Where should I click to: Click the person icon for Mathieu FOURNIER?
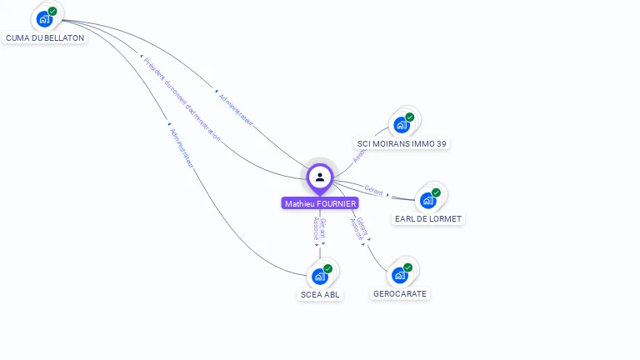(320, 177)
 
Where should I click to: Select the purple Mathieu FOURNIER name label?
(320, 203)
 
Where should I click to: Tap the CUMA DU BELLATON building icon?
(44, 19)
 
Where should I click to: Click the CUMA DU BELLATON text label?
(45, 38)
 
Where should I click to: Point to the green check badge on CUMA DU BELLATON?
(52, 11)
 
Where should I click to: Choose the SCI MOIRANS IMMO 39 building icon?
(402, 125)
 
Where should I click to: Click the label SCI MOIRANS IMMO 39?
(402, 143)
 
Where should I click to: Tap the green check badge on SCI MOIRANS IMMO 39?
(410, 117)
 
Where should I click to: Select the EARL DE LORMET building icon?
(428, 200)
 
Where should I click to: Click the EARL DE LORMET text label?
(428, 218)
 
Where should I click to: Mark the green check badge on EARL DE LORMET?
(437, 192)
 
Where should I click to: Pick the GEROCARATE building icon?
(400, 275)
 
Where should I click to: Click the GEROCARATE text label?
(400, 293)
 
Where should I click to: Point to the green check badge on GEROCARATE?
(408, 267)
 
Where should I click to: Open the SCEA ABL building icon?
(320, 276)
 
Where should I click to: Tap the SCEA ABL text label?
(321, 294)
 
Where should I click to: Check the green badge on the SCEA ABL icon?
(328, 268)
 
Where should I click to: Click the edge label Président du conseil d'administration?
(182, 98)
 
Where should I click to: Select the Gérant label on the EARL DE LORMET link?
(373, 191)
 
